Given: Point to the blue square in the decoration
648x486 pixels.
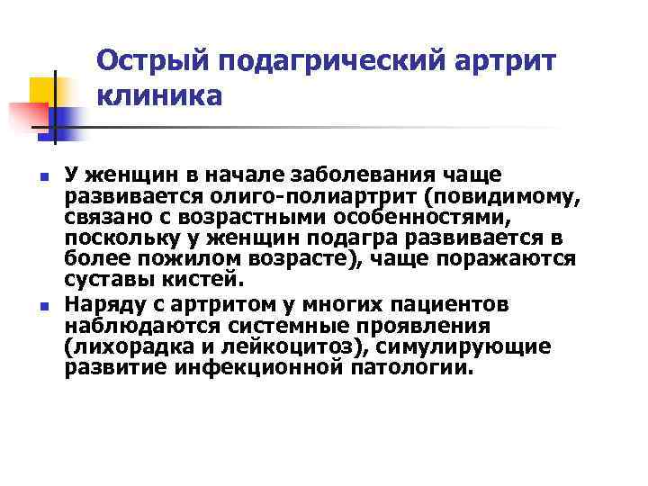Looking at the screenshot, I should (x=67, y=117).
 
